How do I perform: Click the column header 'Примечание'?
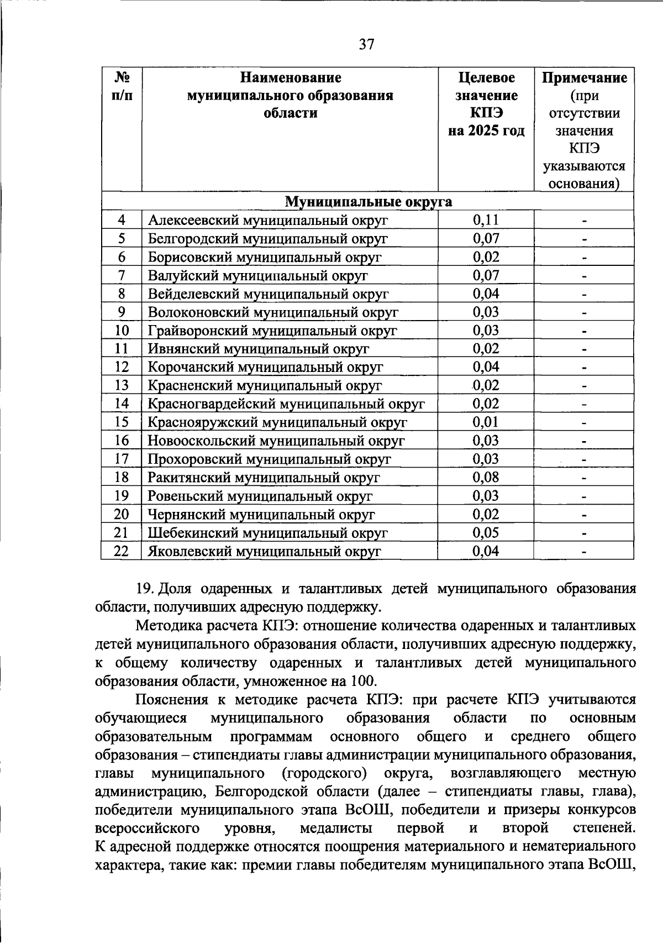coord(584,78)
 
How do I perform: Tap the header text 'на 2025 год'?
coord(486,131)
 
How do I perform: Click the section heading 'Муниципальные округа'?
coord(368,202)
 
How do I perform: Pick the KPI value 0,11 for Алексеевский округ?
coord(486,220)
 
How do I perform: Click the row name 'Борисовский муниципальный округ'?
coord(265,257)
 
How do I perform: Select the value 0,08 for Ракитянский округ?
coord(486,477)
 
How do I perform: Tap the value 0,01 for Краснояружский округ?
coord(486,422)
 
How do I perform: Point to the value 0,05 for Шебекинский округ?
coord(486,532)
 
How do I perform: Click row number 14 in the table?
coord(122,404)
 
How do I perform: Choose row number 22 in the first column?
coord(122,551)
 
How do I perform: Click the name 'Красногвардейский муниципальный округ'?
coord(286,404)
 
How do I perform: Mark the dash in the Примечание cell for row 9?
coord(583,313)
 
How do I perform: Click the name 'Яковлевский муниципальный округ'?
coord(264,551)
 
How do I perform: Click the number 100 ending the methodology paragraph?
coord(362,680)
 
